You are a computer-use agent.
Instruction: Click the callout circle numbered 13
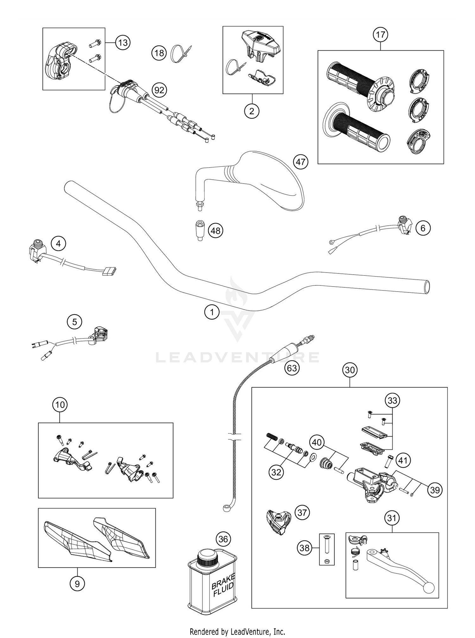123,42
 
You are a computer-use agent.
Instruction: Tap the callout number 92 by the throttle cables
159,90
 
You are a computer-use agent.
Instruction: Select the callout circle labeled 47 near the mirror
301,162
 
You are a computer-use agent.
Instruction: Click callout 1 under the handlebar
212,312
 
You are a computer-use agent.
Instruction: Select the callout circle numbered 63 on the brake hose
292,368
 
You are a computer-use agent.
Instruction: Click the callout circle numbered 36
223,539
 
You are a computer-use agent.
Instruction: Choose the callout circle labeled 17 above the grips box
380,34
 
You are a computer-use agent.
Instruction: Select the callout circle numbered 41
402,460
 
